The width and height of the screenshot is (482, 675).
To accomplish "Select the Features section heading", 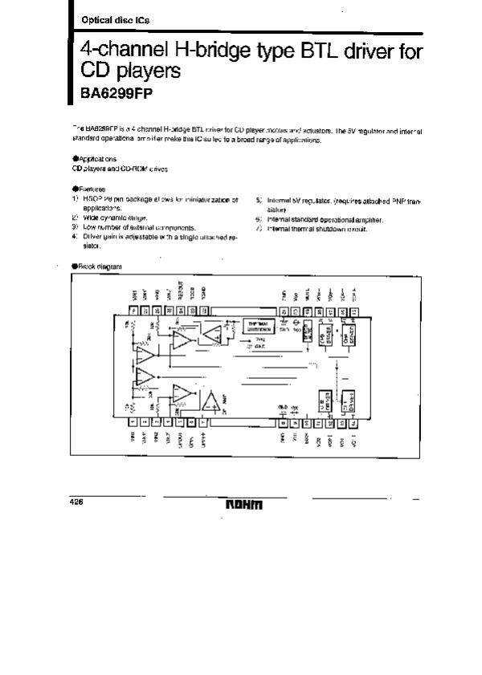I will pos(90,189).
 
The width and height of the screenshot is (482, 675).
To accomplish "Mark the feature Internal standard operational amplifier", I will pos(325,219).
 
